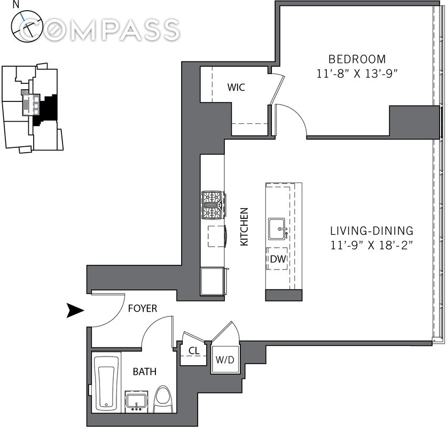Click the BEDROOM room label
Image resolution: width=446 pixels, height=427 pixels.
click(x=356, y=59)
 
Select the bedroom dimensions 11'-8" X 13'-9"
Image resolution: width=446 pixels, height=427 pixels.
click(x=357, y=74)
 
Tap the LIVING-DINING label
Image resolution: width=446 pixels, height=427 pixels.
click(x=371, y=231)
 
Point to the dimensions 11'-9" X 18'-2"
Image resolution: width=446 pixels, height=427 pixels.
click(x=371, y=245)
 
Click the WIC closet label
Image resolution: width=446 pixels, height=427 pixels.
click(x=236, y=87)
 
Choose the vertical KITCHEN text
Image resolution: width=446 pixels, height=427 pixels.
click(x=244, y=226)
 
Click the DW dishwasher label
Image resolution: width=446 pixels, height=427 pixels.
click(x=277, y=260)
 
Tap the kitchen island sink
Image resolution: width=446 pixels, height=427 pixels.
click(x=278, y=228)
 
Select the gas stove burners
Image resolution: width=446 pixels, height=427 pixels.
click(x=212, y=205)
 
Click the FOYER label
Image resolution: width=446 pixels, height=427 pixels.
click(x=143, y=309)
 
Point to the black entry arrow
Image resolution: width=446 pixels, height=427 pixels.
click(x=74, y=310)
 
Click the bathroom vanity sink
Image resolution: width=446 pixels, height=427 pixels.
click(x=137, y=401)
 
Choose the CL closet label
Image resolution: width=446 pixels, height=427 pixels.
click(x=193, y=352)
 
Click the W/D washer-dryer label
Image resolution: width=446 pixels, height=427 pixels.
click(x=224, y=360)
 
